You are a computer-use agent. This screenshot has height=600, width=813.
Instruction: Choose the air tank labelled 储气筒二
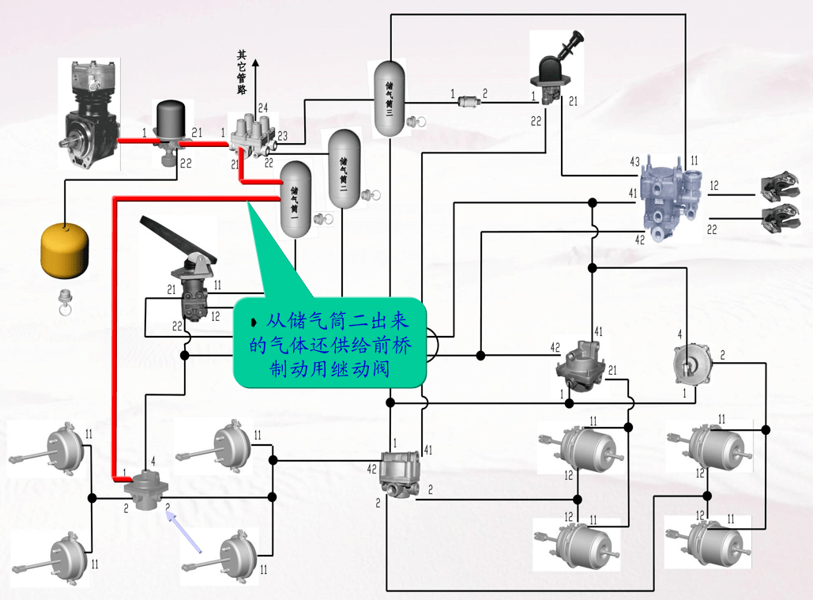pos(344,168)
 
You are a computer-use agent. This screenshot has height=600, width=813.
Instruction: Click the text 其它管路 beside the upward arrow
pos(242,72)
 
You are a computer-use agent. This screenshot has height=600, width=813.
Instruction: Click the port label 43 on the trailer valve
pos(634,162)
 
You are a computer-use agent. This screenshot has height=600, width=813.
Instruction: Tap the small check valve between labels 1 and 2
pos(471,100)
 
